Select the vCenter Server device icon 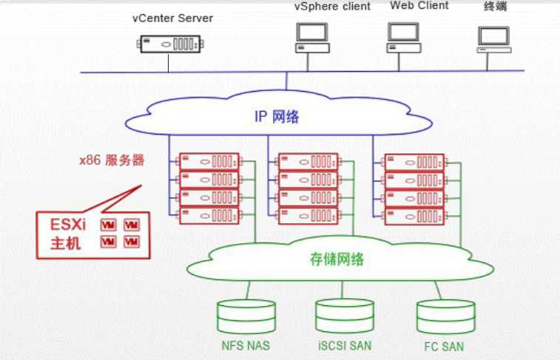click(169, 43)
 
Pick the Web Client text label click(419, 6)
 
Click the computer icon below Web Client click(404, 36)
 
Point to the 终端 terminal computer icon click(493, 39)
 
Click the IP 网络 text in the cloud click(277, 116)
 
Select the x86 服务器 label click(112, 160)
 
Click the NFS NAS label click(246, 344)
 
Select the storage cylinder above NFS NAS click(246, 316)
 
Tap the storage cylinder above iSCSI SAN click(344, 316)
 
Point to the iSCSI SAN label click(344, 344)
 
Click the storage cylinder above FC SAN click(445, 316)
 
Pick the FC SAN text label click(445, 345)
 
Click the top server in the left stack click(209, 161)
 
